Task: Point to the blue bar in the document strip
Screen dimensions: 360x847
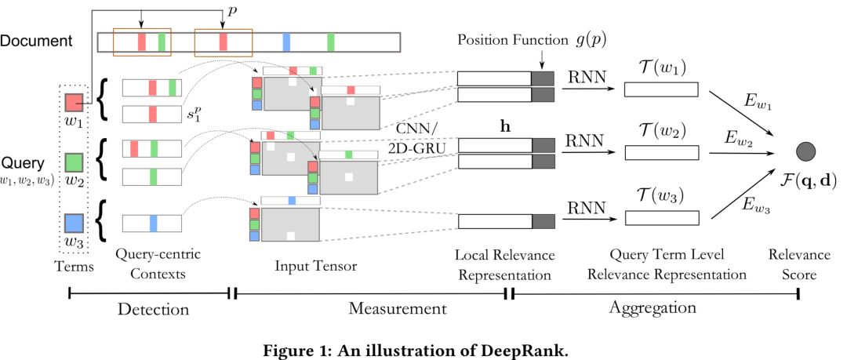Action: pos(286,42)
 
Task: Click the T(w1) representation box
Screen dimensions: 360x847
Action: pos(660,89)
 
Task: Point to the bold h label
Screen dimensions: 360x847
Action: pos(495,125)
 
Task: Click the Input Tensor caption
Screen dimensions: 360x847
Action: pos(315,265)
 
